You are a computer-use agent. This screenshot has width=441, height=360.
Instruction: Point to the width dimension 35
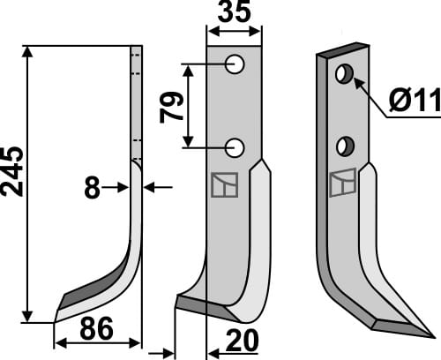[x=234, y=15]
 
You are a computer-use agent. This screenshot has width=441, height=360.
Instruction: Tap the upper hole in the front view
[x=235, y=64]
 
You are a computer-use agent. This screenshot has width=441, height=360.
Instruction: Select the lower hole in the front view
[x=235, y=146]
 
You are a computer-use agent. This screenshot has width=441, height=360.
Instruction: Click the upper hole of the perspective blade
[x=345, y=74]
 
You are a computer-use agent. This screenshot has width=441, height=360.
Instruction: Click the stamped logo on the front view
[x=224, y=185]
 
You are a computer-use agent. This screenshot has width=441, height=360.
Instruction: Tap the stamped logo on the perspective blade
[x=341, y=183]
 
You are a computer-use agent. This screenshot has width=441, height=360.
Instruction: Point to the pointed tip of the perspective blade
[x=430, y=335]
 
